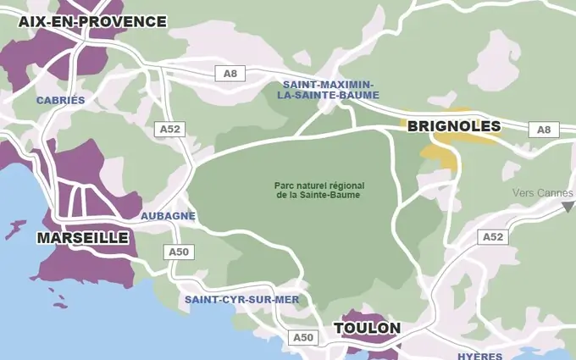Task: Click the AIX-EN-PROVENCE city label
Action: (x=92, y=21)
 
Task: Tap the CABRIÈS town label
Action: (x=61, y=100)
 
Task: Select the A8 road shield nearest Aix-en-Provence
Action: (x=230, y=74)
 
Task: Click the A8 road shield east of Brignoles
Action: (x=544, y=130)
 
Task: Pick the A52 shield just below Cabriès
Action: (x=169, y=130)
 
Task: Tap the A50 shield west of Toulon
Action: (x=303, y=337)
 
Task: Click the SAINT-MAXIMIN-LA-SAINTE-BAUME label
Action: (x=329, y=91)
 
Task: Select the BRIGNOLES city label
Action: (x=454, y=127)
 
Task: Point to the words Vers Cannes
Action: (x=542, y=192)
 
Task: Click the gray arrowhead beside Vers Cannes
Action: (x=568, y=208)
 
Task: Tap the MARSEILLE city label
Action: (x=82, y=238)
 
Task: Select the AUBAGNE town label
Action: (x=168, y=216)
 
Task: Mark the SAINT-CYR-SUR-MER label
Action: (x=230, y=300)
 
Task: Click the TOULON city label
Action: (x=367, y=328)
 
